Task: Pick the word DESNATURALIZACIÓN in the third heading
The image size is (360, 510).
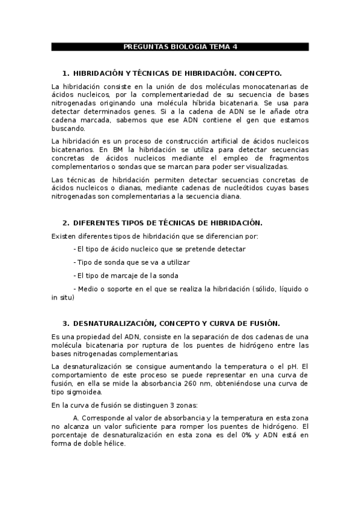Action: coord(111,322)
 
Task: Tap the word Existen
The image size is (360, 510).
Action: coord(65,236)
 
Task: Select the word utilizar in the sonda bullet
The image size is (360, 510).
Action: coord(177,262)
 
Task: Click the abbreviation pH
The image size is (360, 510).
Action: coord(288,366)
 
